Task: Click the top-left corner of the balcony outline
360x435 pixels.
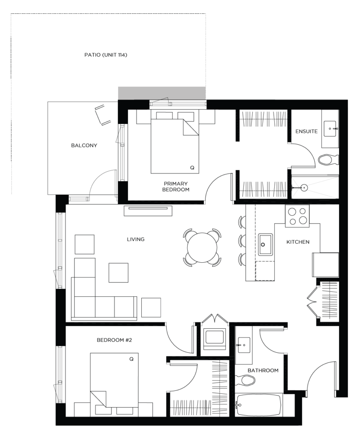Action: coord(48,102)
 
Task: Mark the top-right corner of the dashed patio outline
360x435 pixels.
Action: coord(206,13)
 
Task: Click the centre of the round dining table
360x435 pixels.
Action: coord(202,248)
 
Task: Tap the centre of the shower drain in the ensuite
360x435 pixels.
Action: coord(304,188)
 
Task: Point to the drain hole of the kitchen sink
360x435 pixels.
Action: coord(262,245)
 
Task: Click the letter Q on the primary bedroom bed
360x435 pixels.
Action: coord(192,168)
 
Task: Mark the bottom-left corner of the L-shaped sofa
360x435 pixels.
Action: coord(71,320)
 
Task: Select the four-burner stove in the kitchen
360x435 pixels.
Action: coord(297,216)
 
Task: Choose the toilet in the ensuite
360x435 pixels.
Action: coord(328,160)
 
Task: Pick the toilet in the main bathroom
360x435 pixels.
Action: coord(245,380)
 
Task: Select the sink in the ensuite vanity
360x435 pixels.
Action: coord(330,129)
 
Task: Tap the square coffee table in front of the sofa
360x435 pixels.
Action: coord(119,273)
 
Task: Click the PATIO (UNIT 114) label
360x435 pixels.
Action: coord(106,55)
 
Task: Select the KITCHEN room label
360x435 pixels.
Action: coord(298,242)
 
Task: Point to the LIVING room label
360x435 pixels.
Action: coord(136,239)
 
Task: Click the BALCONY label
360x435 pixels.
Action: coord(84,145)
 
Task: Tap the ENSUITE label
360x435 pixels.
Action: coord(307,132)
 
